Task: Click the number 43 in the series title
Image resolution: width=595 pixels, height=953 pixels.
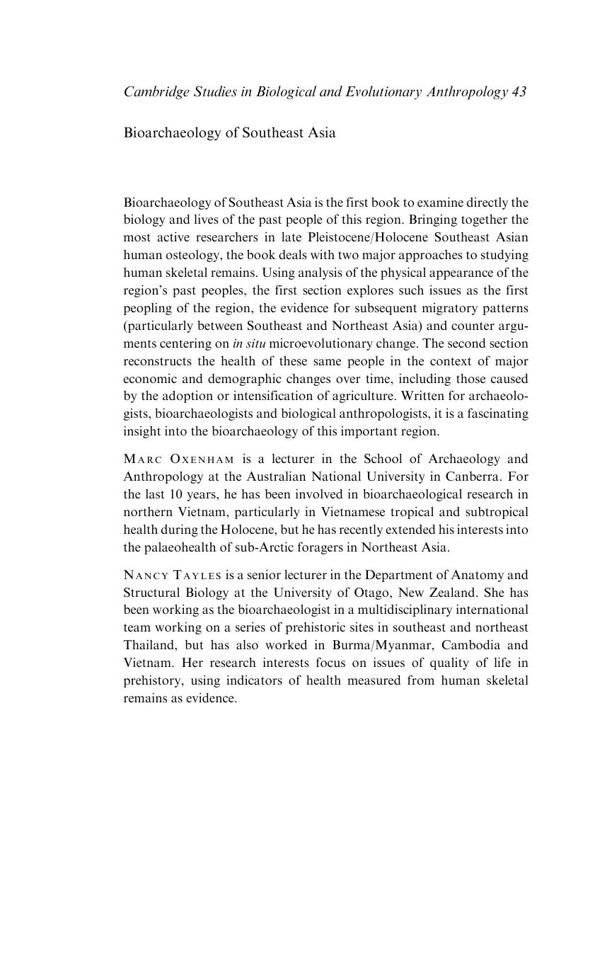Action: point(518,92)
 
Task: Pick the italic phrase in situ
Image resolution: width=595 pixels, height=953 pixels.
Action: point(249,343)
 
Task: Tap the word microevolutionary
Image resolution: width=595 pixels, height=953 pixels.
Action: point(328,343)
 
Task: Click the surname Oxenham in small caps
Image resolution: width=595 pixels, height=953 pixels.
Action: point(202,460)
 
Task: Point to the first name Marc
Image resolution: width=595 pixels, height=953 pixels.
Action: point(142,460)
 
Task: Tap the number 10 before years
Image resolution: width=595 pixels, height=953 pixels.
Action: point(177,494)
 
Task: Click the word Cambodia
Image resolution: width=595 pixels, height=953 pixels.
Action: point(470,645)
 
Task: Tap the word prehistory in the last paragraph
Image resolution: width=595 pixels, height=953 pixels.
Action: point(154,680)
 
